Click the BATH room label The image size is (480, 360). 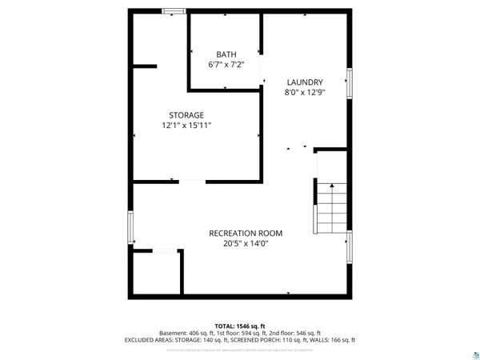[x=226, y=54]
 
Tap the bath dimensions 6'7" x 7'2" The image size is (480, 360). [x=226, y=65]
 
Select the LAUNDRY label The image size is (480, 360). [x=305, y=82]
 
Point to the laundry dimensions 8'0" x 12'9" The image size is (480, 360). [x=305, y=92]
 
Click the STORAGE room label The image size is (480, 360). [x=186, y=114]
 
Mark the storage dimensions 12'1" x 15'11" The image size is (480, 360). [x=186, y=126]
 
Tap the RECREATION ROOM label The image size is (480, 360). [x=246, y=233]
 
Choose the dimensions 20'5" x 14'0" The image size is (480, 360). [x=246, y=243]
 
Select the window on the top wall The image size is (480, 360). [x=173, y=11]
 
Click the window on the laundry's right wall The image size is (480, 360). [x=349, y=83]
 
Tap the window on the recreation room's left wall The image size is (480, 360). [x=130, y=227]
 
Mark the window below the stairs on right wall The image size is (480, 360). [x=349, y=247]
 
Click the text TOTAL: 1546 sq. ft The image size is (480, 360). [x=240, y=325]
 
